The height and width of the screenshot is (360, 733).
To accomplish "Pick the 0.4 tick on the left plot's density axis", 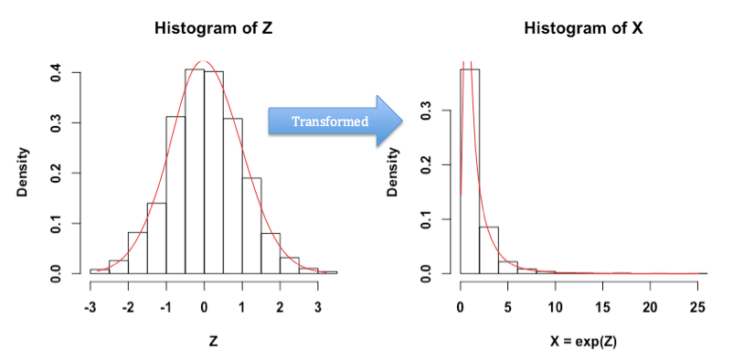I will pos(56,71).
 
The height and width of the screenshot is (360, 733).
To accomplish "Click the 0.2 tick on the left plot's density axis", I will pos(56,173).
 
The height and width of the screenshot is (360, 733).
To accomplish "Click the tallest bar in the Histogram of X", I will pos(470,174).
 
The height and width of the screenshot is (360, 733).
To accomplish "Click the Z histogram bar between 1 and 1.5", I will pos(251,228).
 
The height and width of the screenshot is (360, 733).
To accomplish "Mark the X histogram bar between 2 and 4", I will pos(489,251).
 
